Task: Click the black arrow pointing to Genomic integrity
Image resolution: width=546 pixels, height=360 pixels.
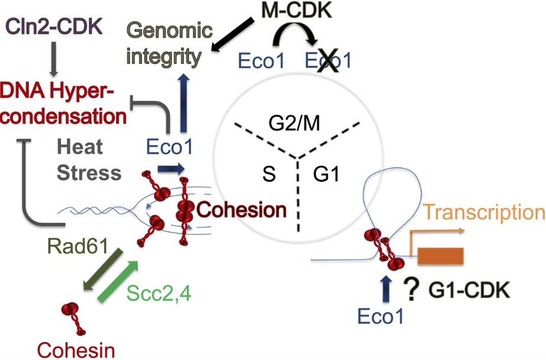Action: point(233,36)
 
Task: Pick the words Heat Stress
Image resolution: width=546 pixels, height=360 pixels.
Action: point(89,160)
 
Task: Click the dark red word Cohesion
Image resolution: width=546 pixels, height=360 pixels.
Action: point(240,209)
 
